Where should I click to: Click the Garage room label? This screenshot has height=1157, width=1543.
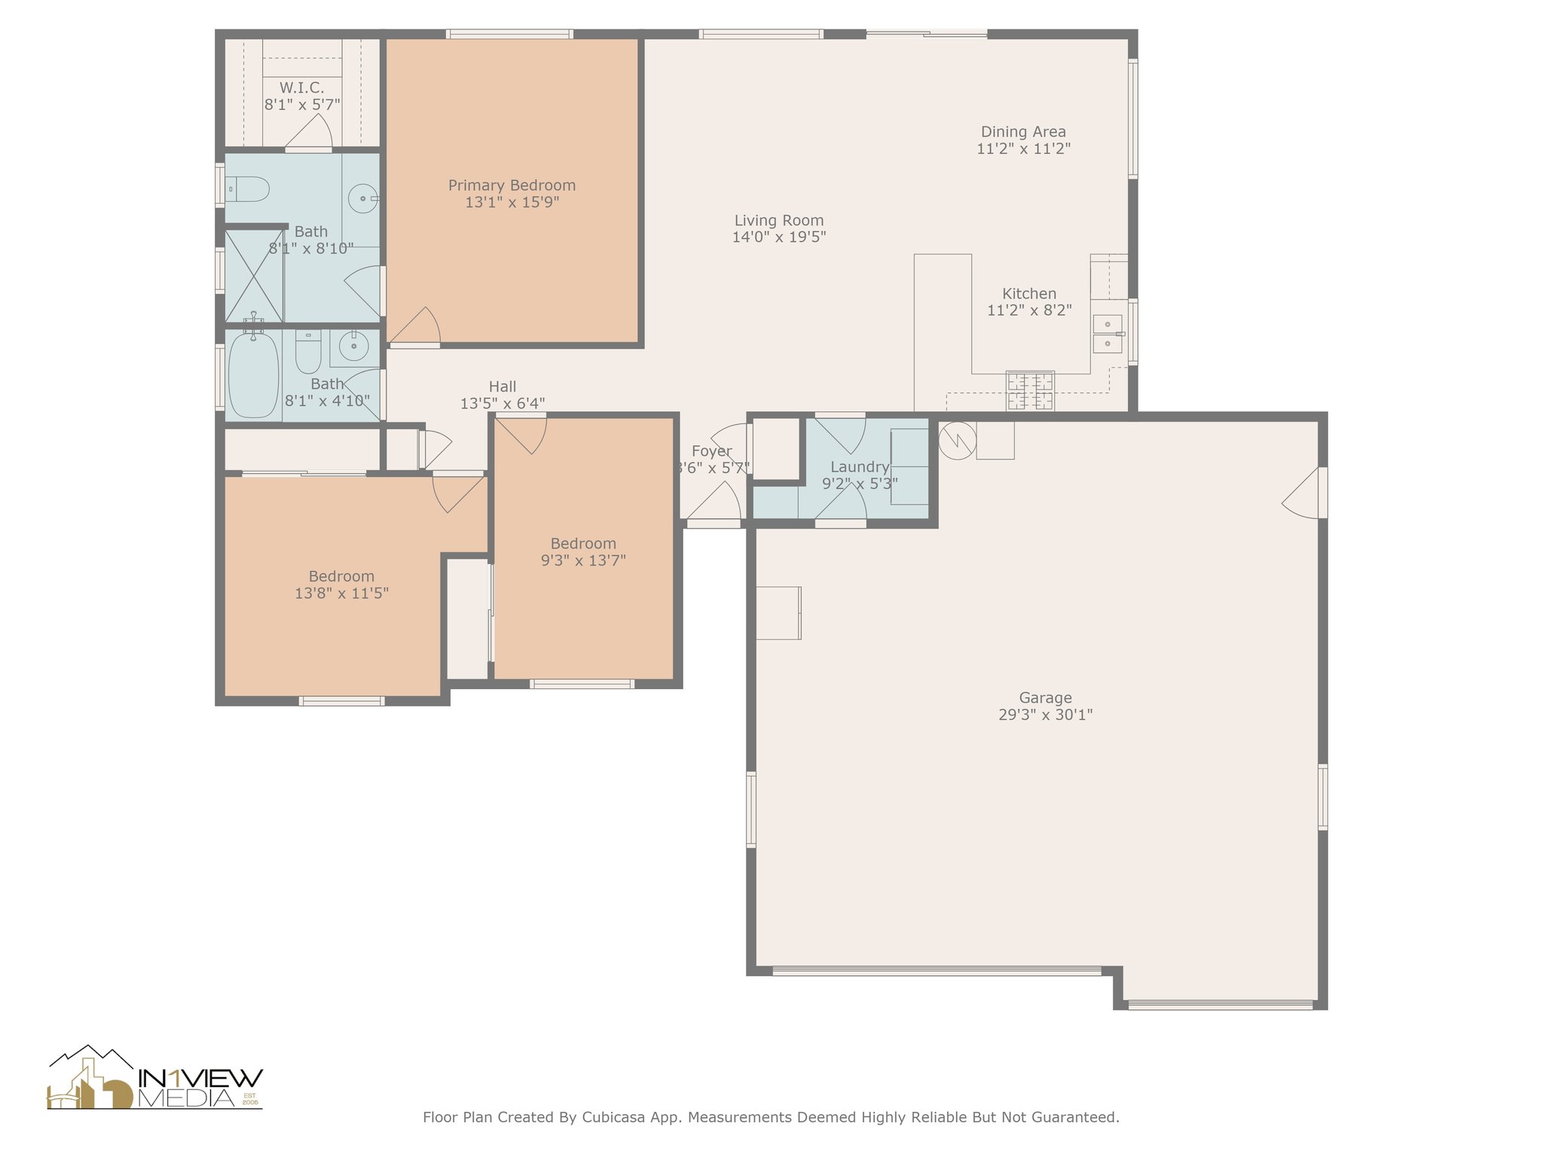point(1045,698)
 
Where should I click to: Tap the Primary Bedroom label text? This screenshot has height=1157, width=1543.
point(512,185)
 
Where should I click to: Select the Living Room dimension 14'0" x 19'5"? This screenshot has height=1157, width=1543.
point(779,237)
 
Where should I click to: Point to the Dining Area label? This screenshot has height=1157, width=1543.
point(1023,132)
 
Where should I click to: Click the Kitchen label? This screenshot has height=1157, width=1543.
point(1029,294)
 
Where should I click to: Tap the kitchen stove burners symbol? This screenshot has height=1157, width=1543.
point(1031,391)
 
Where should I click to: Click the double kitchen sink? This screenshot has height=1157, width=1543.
point(1108,334)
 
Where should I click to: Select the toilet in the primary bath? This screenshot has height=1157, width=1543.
point(247,189)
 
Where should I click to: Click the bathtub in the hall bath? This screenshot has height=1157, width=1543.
point(253,375)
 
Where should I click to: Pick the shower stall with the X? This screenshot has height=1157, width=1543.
point(254,276)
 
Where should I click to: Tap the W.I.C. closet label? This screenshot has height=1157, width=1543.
point(302,88)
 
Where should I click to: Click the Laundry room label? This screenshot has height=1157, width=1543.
point(860,467)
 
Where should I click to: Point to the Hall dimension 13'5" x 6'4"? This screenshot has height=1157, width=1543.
point(503,404)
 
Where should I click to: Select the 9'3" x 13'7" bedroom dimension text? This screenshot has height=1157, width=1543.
point(583,560)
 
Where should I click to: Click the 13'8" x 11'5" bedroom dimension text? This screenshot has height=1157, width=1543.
point(341,594)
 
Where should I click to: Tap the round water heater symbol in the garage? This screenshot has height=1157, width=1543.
point(957,441)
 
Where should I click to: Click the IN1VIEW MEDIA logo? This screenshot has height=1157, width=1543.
point(155,1078)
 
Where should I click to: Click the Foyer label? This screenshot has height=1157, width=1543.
point(711,451)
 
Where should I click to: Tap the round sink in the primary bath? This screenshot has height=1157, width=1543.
point(362,199)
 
